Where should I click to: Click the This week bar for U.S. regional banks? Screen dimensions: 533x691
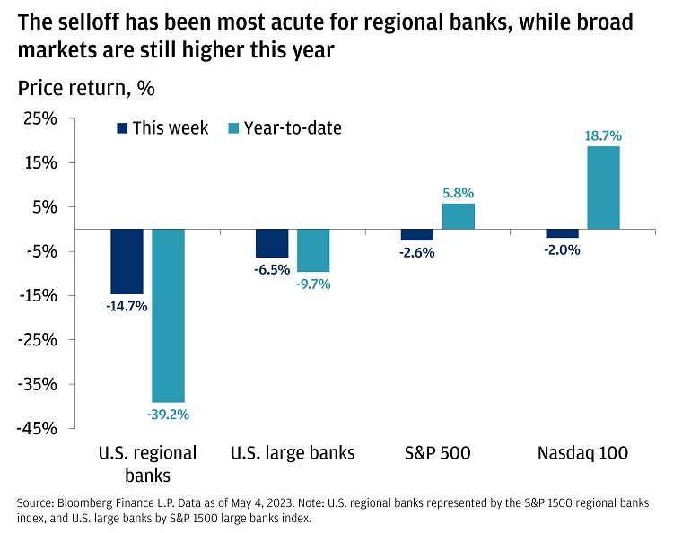[x=127, y=261]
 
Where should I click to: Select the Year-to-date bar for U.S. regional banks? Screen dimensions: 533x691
[x=168, y=315]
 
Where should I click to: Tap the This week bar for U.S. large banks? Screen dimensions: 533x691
[x=272, y=243]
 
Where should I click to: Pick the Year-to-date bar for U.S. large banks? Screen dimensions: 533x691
[x=313, y=250]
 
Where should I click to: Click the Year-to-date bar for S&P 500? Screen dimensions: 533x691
[x=459, y=216]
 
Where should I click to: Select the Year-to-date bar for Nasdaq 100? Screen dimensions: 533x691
[x=604, y=188]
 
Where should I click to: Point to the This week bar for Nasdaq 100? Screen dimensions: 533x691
[x=563, y=233]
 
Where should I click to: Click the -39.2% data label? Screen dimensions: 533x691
[x=168, y=415]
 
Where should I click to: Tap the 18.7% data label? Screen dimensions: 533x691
[x=604, y=135]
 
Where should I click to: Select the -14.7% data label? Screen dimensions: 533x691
[x=126, y=306]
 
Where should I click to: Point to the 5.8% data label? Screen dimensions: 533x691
[x=459, y=193]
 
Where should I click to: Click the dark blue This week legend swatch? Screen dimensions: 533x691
[x=123, y=128]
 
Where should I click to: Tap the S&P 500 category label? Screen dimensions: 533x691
[x=438, y=453]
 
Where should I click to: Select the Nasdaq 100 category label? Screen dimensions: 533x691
[x=583, y=453]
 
